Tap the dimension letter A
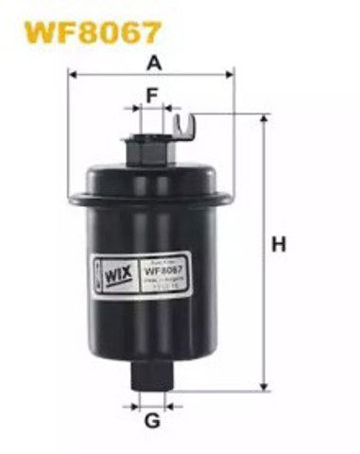[152, 63]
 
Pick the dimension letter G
[151, 423]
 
